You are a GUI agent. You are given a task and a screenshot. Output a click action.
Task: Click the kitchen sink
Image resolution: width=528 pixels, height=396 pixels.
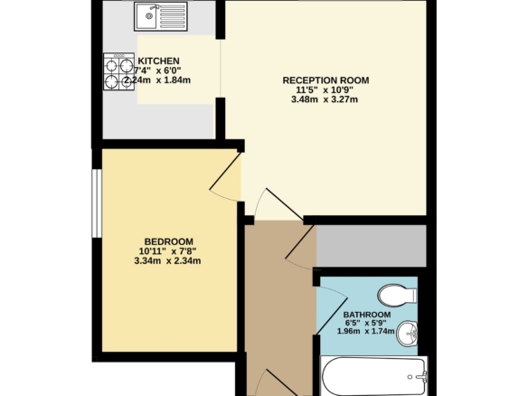point(161,16)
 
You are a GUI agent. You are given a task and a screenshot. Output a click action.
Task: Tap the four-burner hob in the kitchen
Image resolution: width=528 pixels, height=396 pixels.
point(118,71)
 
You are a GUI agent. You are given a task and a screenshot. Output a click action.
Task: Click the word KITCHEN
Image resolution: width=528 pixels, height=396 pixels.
point(158,61)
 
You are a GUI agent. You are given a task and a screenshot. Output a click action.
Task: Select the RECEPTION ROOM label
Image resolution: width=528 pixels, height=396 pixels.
point(325,80)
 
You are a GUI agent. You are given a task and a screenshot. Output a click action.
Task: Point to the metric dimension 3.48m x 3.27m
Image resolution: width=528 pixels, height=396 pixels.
point(325,99)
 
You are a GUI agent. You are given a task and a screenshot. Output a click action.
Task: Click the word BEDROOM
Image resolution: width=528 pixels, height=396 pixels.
point(169,241)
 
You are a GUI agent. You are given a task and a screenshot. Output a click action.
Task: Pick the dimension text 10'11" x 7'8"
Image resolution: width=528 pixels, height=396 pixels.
point(167,251)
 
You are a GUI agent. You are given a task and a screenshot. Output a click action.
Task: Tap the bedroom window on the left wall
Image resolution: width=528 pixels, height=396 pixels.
point(97,203)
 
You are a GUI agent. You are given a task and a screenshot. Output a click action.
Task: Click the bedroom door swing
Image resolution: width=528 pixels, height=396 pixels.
point(225,177)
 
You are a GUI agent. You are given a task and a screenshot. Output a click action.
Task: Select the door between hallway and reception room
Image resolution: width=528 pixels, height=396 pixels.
point(278,204)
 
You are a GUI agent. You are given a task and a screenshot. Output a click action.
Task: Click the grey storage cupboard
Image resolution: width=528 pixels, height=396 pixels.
point(371,246)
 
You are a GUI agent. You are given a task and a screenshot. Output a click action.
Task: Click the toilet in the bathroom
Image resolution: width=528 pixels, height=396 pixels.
point(397,296)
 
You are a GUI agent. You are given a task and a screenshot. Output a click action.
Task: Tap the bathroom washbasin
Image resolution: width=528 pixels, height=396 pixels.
point(407,334)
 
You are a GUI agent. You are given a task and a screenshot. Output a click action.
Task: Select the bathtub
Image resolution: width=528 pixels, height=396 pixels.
point(373,376)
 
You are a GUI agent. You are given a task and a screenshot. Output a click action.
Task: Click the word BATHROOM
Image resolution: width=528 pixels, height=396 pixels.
point(367,315)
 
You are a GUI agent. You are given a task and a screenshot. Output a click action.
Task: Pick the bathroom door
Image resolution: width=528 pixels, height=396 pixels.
point(332,310)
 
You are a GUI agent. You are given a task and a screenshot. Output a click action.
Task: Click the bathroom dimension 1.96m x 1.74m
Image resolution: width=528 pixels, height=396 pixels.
point(366,331)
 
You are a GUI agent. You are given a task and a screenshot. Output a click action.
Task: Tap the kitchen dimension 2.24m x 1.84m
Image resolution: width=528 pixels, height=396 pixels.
point(157,80)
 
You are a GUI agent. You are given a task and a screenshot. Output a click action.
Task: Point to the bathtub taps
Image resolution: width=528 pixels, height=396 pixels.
point(420,376)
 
